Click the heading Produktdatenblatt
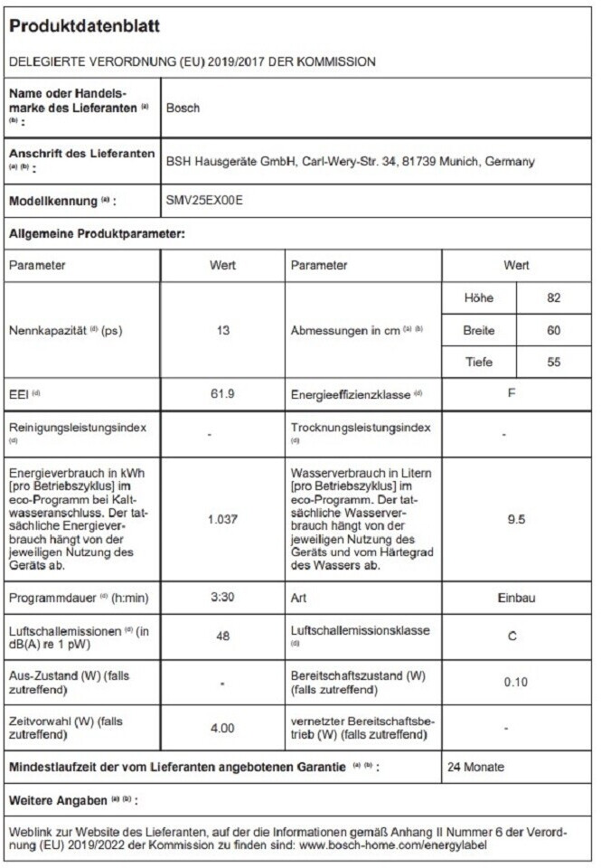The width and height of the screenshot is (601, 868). pos(84,27)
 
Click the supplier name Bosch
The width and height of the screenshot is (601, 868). pos(183,108)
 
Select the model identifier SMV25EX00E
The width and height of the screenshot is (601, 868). pos(205,201)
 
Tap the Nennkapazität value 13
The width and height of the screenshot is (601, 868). pos(223,331)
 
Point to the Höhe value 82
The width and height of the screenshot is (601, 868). pos(554,297)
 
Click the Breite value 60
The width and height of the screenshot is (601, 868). pos(554,330)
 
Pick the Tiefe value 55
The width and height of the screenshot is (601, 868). pos(554,362)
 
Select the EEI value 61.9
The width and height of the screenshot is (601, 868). pos(223,395)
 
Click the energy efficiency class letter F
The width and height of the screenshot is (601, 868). pos(512,395)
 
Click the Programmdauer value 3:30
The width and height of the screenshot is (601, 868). pos(223,599)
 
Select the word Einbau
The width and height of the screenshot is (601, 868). pos(515,599)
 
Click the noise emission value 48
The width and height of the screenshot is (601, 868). pos(223,637)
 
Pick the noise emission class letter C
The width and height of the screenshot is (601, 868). pos(512,637)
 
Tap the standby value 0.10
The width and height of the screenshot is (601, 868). pos(515,682)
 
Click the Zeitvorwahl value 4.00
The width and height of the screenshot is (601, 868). pos(223,727)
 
